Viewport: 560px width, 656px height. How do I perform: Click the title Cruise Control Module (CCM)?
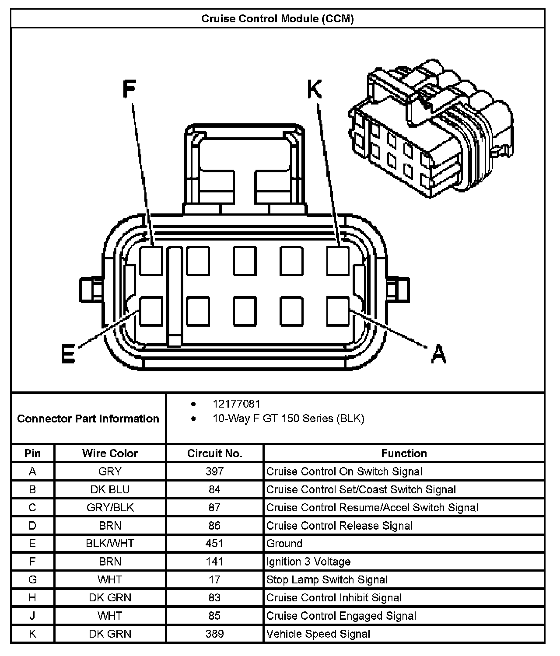[277, 19]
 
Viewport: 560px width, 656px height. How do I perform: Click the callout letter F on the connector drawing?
[129, 90]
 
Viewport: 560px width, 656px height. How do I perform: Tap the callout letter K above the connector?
[315, 90]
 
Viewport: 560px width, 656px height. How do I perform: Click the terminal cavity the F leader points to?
[151, 261]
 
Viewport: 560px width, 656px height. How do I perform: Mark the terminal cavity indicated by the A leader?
[338, 311]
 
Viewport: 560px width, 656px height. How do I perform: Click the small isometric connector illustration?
[431, 129]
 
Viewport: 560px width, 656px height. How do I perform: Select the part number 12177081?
[236, 404]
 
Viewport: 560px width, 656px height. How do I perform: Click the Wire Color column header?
[110, 453]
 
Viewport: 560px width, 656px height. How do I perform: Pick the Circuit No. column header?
[214, 453]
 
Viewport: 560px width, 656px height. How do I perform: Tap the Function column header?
[404, 453]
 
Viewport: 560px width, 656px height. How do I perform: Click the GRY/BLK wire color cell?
[110, 508]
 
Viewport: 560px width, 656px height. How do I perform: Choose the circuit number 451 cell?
[214, 544]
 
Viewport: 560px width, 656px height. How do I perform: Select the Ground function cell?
[284, 544]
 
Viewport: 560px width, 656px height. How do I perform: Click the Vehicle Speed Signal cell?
[318, 634]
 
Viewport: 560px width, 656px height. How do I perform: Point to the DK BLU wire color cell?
[110, 489]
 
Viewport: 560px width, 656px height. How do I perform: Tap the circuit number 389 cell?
[214, 634]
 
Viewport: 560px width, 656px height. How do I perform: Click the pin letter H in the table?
[32, 597]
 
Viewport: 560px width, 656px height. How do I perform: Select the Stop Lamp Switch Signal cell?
[327, 579]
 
